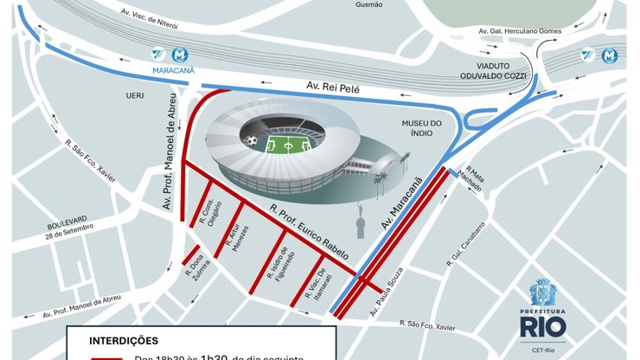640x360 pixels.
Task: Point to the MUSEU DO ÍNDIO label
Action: pos(420,129)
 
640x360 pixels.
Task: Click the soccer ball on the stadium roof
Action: pos(251,139)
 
